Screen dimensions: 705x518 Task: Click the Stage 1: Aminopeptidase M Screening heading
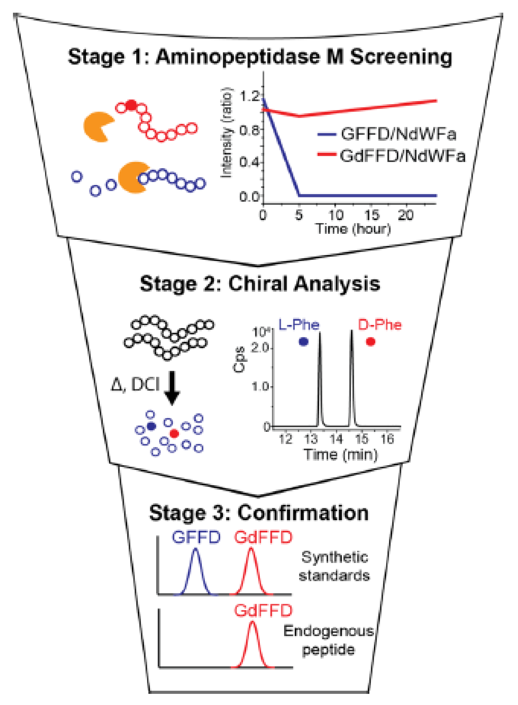[260, 57]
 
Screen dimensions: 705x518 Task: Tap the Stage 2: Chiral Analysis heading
[260, 284]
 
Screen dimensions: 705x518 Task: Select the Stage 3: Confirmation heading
[259, 513]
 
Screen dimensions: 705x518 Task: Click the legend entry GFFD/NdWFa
[386, 134]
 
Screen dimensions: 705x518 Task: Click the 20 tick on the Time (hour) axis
[405, 215]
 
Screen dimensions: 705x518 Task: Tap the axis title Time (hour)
[353, 229]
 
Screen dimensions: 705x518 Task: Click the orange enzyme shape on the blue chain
[132, 178]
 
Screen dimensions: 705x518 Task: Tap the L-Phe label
[299, 325]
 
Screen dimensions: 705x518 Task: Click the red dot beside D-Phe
[371, 342]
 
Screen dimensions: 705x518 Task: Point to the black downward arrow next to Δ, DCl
[172, 388]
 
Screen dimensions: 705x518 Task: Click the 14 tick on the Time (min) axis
[336, 439]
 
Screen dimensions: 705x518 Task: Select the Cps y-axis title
[239, 359]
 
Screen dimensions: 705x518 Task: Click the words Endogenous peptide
[328, 640]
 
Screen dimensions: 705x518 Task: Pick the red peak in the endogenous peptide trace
[253, 637]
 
